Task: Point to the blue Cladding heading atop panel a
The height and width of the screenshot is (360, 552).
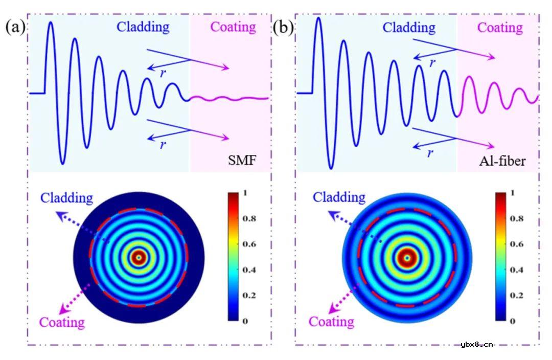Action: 143,27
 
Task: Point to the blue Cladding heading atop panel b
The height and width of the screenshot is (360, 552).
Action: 409,27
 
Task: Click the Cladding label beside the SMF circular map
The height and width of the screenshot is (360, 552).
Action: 67,197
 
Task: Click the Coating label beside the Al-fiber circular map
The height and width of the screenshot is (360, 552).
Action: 332,322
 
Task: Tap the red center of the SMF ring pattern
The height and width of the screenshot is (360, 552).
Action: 138,258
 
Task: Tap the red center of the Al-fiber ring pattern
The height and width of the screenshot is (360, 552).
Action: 407,258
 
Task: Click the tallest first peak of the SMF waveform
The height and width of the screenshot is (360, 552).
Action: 50,24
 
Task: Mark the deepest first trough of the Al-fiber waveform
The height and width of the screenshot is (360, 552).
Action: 331,167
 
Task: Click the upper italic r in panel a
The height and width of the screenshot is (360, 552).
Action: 163,73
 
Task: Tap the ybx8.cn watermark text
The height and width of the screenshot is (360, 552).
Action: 476,344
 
